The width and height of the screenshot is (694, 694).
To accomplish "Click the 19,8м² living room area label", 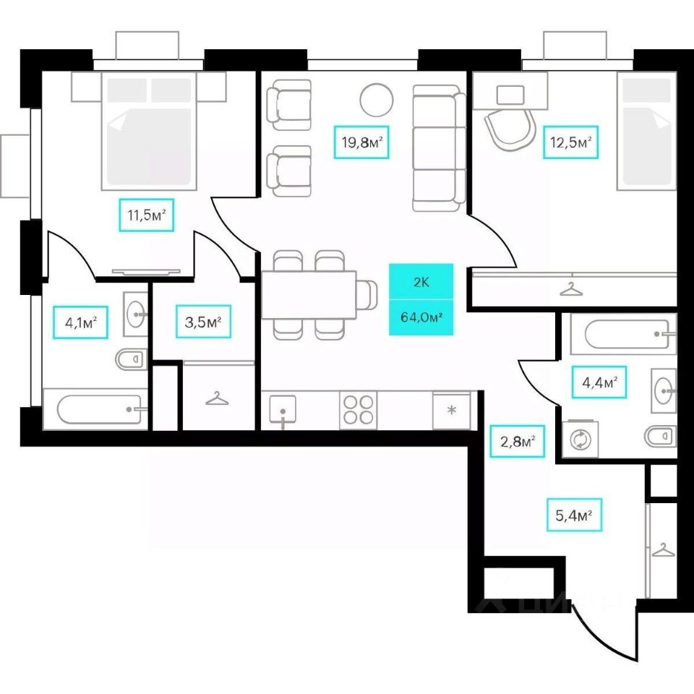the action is [x=361, y=143].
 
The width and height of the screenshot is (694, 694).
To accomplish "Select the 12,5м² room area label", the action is [x=571, y=142].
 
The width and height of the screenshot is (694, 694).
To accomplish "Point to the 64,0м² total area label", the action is [x=421, y=317].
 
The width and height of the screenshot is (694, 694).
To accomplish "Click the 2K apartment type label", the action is [x=421, y=282].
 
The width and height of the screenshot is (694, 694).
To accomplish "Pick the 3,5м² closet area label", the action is [x=203, y=322].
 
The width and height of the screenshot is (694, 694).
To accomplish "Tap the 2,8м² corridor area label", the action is [x=521, y=441].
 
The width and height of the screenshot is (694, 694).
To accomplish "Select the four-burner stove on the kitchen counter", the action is [x=359, y=411].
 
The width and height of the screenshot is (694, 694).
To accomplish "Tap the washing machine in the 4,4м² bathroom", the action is [x=580, y=440].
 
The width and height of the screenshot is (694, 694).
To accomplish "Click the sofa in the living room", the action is [x=438, y=148].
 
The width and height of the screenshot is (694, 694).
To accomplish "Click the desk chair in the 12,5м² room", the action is [x=512, y=133].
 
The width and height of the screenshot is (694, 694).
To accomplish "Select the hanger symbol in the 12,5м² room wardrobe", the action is [x=572, y=288].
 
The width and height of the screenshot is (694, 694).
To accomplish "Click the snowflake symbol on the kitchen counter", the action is [x=452, y=411].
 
